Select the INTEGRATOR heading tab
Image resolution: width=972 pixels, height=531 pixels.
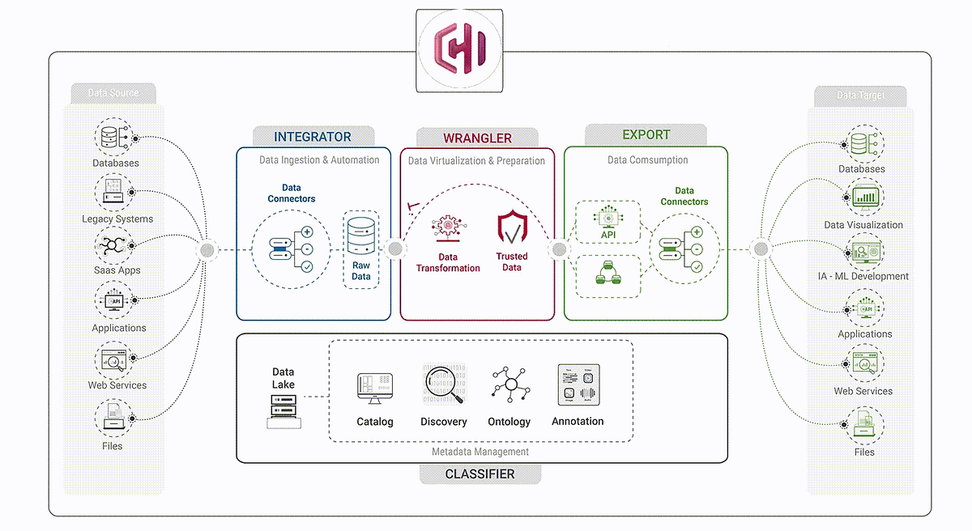click(x=313, y=137)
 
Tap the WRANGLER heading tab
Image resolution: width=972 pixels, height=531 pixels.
click(x=477, y=138)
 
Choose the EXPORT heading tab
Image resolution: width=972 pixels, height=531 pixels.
click(x=646, y=134)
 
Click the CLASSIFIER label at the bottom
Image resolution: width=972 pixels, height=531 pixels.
click(x=480, y=474)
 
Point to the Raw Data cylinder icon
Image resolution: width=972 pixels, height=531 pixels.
click(x=360, y=234)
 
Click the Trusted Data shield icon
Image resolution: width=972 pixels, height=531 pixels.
click(x=511, y=228)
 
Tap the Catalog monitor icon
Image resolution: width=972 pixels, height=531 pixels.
click(x=374, y=389)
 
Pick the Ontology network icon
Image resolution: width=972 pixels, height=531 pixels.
click(x=509, y=385)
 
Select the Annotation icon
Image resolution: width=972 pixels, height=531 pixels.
click(x=578, y=385)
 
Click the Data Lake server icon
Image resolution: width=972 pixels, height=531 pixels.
click(x=283, y=410)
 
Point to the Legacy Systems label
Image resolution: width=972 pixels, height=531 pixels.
click(x=117, y=219)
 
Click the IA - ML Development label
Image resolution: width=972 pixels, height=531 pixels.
click(x=863, y=276)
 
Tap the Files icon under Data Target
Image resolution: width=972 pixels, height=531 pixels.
click(x=864, y=425)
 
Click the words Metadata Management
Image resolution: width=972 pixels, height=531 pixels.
click(x=481, y=452)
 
